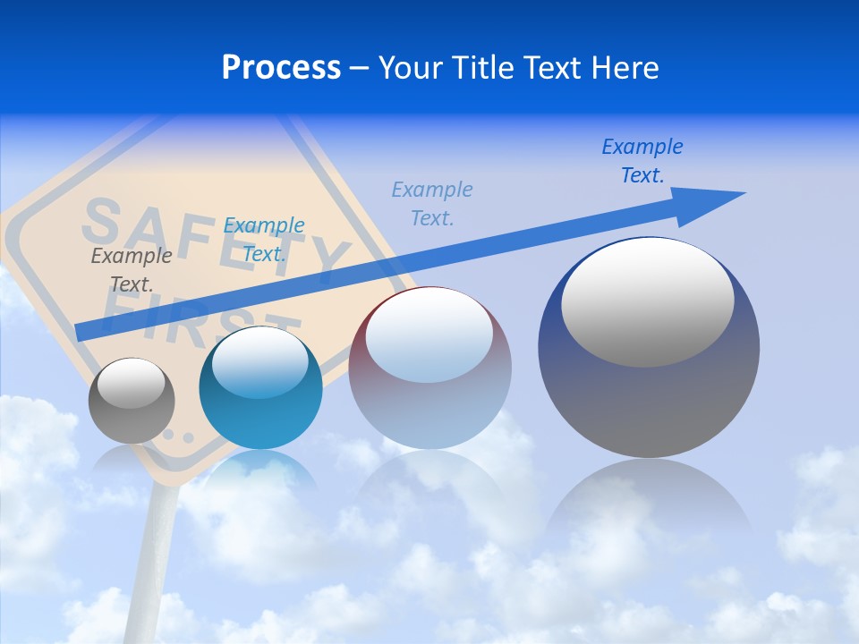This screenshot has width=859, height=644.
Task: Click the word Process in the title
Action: pyautogui.click(x=281, y=68)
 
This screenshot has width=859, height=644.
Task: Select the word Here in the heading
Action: pyautogui.click(x=625, y=68)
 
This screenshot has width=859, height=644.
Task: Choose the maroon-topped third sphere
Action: pyautogui.click(x=429, y=394)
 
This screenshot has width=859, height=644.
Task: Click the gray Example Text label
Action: pyautogui.click(x=132, y=269)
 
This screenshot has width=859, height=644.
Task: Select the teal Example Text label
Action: pyautogui.click(x=263, y=239)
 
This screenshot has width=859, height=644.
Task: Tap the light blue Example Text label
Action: pyautogui.click(x=432, y=203)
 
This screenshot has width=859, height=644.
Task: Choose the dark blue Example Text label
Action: pyautogui.click(x=642, y=160)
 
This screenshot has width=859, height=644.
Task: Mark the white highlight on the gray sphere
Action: pyautogui.click(x=131, y=383)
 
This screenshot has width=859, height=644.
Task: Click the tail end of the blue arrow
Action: pyautogui.click(x=81, y=332)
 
